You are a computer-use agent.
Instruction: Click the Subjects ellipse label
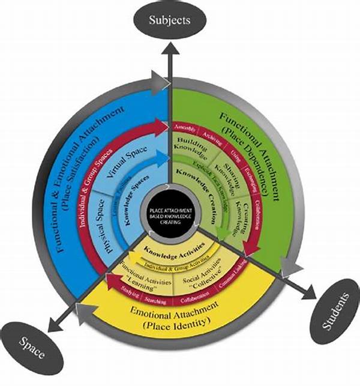(169, 20)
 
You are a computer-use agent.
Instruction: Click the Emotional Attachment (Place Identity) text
(174, 317)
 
